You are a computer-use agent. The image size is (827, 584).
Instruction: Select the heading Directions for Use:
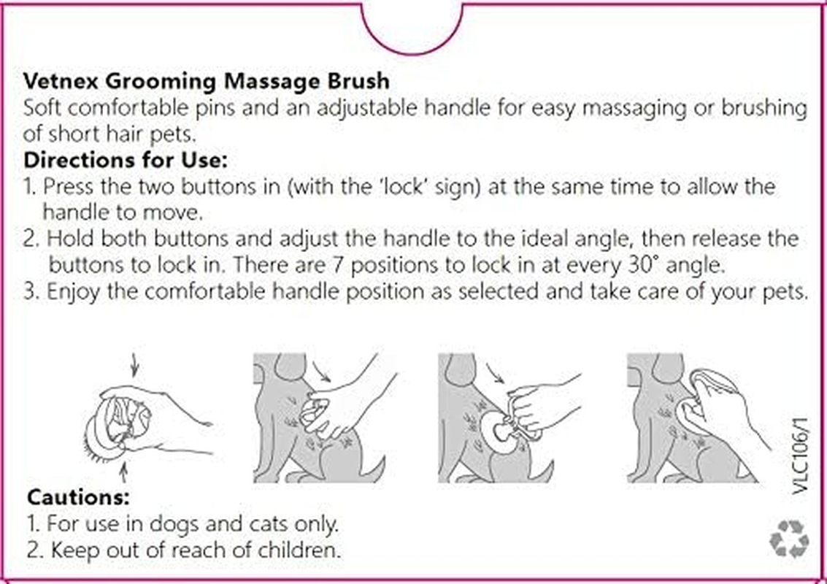(x=126, y=158)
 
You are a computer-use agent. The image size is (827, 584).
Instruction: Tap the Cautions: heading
(x=78, y=498)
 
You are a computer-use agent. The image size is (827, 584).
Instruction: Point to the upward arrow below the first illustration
(x=123, y=475)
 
